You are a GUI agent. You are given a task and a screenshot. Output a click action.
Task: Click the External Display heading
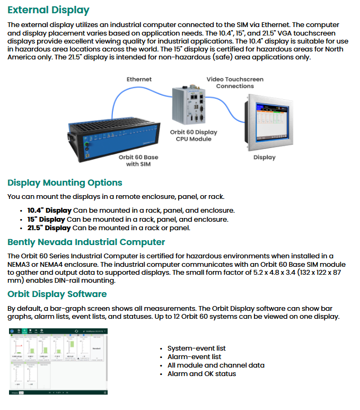click(48, 10)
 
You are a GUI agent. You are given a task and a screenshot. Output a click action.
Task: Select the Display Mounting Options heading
click(65, 183)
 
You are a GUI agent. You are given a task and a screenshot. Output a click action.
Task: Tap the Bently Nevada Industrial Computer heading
click(86, 242)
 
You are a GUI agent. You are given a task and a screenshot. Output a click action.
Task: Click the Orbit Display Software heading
click(57, 294)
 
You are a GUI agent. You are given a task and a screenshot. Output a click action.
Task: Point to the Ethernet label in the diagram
click(139, 79)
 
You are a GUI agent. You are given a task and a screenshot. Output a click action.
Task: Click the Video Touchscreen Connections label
click(235, 83)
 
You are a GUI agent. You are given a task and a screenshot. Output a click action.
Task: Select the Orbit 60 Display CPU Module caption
click(194, 136)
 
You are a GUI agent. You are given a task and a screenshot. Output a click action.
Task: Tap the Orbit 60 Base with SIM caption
click(138, 161)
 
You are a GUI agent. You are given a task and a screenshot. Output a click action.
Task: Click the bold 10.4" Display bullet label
click(49, 211)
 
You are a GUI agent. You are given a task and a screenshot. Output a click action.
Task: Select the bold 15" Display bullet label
click(46, 220)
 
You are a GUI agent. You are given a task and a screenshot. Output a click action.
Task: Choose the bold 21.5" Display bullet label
click(49, 228)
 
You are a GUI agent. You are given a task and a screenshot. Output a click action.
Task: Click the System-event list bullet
click(196, 348)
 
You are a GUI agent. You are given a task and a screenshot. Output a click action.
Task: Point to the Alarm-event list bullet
click(194, 357)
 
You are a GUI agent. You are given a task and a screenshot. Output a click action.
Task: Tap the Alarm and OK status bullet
click(201, 374)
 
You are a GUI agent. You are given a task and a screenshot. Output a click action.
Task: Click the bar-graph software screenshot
click(58, 361)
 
